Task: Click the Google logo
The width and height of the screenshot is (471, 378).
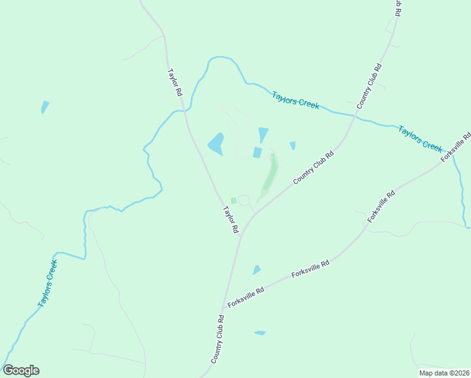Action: pyautogui.click(x=21, y=370)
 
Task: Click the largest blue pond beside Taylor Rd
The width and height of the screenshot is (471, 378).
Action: pyautogui.click(x=216, y=144)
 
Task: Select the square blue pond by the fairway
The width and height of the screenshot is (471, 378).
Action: pyautogui.click(x=257, y=152)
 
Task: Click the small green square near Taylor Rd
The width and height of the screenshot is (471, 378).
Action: pyautogui.click(x=233, y=201)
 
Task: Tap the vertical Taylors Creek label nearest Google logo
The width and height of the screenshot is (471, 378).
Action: pyautogui.click(x=48, y=283)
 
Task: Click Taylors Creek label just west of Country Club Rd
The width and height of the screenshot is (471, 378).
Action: pyautogui.click(x=296, y=100)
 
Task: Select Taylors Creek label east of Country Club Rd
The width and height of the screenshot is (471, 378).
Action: pyautogui.click(x=420, y=138)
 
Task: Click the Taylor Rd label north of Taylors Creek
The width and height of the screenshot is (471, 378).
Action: pyautogui.click(x=174, y=82)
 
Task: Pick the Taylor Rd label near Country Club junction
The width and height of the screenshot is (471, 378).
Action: pyautogui.click(x=230, y=220)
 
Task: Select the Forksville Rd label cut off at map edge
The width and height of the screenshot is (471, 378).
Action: pyautogui.click(x=457, y=147)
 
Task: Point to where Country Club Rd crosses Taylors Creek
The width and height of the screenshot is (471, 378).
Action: pyautogui.click(x=357, y=114)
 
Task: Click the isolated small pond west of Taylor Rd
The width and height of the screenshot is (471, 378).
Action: pyautogui.click(x=44, y=106)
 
